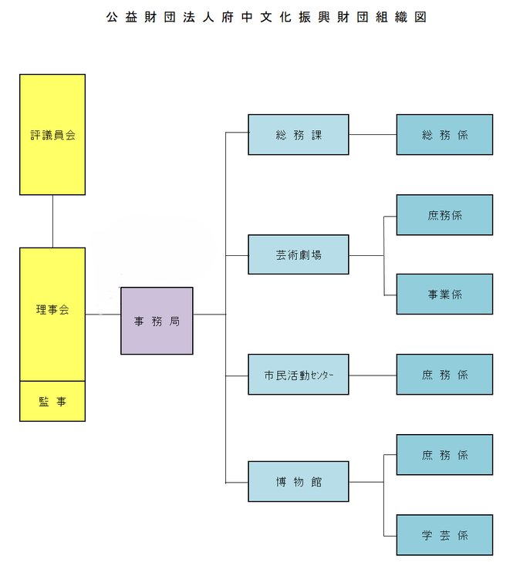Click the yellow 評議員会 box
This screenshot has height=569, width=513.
pos(52,134)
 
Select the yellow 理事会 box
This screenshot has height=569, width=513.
pos(52,313)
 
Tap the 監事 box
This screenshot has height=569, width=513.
pos(52,401)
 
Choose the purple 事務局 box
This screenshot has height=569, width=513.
pos(157,321)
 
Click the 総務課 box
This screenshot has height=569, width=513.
pos(298,135)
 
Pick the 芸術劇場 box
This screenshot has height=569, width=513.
pos(298,254)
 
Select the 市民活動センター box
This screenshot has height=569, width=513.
pos(298,375)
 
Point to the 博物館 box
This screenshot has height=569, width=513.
pos(298,482)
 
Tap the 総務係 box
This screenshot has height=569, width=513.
pos(444,135)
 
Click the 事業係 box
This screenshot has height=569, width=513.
pos(444,294)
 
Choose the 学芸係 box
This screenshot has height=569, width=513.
pos(444,535)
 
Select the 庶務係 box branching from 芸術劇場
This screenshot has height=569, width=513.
pos(444,215)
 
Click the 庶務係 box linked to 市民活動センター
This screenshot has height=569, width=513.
pos(444,375)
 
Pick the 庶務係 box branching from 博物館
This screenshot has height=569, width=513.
pos(444,455)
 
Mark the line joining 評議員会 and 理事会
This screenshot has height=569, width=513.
pos(52,221)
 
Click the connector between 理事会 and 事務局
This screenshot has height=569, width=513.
pos(103,315)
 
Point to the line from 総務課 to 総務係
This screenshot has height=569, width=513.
pos(373,135)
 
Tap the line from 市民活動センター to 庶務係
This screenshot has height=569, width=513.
pos(373,375)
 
